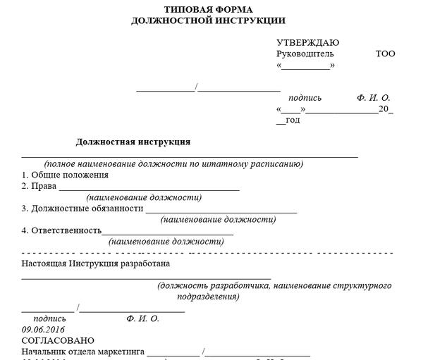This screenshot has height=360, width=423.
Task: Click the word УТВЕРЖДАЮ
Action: pos(307,43)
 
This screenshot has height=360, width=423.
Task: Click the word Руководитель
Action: pos(305,54)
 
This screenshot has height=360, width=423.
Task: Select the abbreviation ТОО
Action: pos(386,54)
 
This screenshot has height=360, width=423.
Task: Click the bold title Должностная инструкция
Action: pos(133,142)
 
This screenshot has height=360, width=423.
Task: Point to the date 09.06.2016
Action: pos(43,329)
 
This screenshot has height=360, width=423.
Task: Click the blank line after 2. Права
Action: pos(149,188)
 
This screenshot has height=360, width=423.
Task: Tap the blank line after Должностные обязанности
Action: pos(221,210)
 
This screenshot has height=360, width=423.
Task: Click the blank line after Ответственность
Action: pos(168,232)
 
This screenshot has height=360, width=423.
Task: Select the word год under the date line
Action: pos(293,120)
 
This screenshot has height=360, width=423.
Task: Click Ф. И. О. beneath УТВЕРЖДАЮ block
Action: pos(374,97)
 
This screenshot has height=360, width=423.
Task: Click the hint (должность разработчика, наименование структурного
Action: pos(275,286)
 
